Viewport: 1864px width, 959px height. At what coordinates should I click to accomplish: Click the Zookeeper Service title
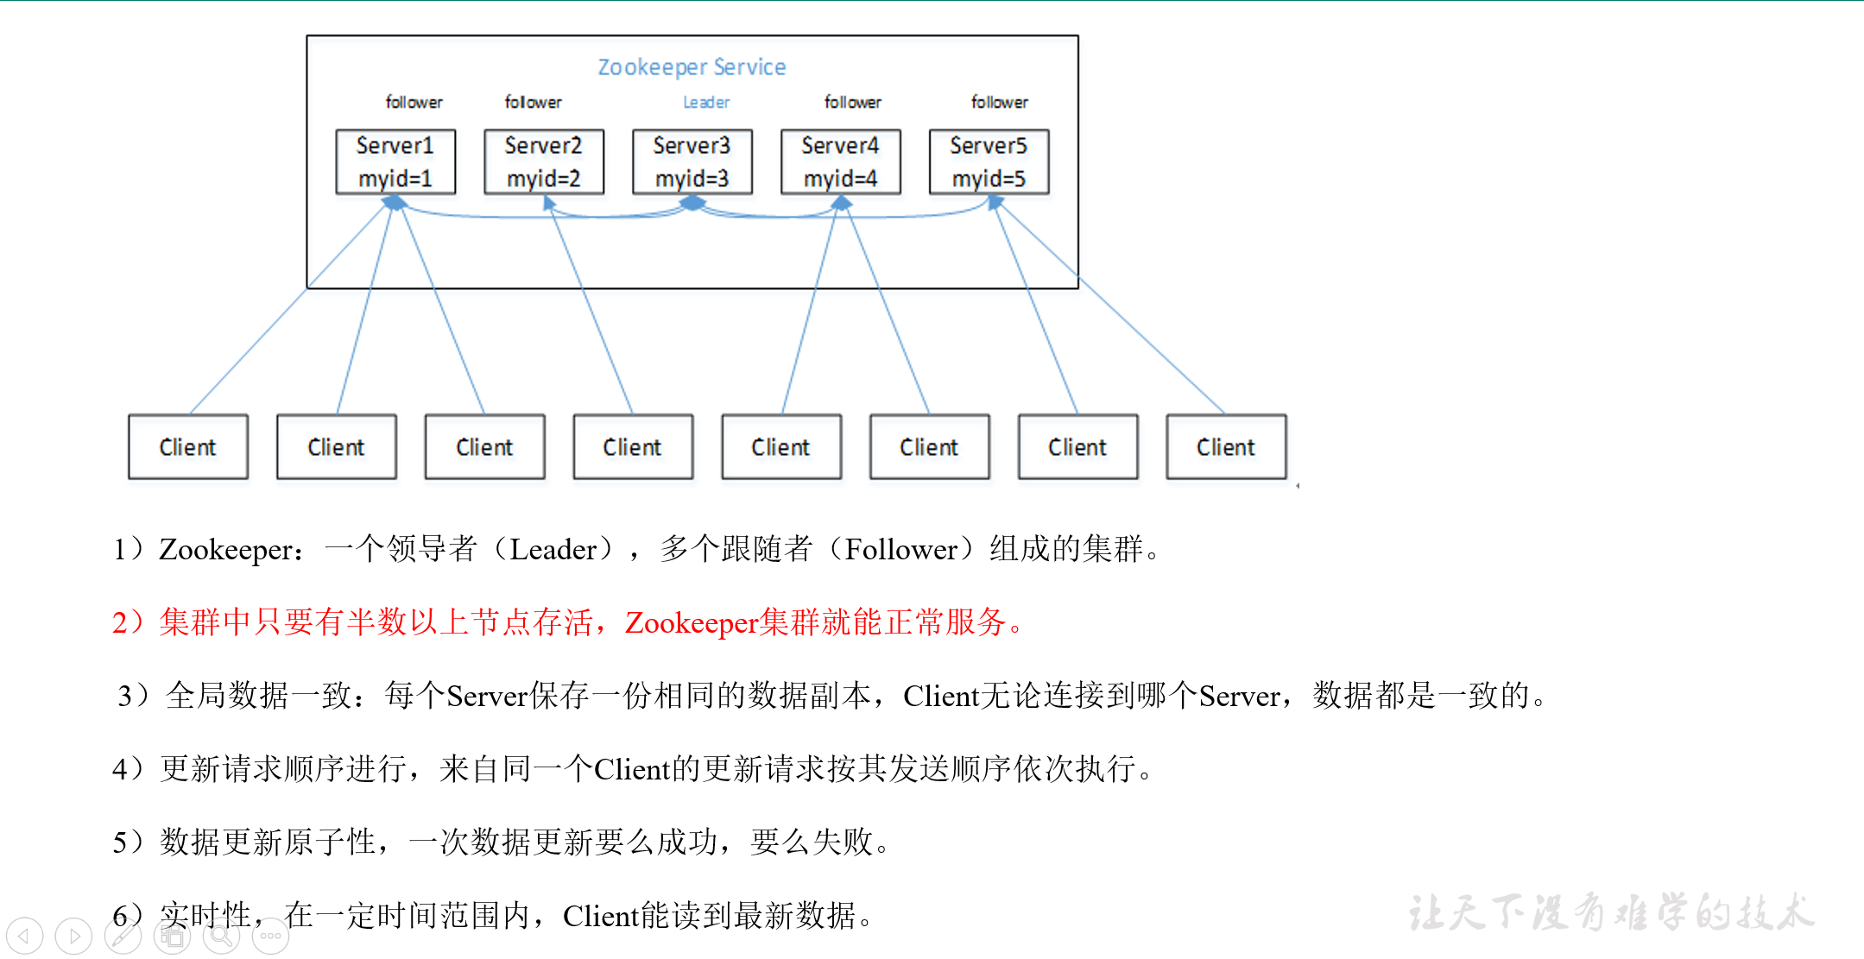pyautogui.click(x=692, y=67)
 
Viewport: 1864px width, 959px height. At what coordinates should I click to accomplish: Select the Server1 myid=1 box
pyautogui.click(x=395, y=162)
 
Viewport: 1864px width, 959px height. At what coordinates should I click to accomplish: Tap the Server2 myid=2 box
pyautogui.click(x=544, y=162)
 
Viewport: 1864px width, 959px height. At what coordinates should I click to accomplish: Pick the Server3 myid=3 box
pyautogui.click(x=692, y=162)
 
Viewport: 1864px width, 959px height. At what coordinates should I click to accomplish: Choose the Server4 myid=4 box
pyautogui.click(x=841, y=162)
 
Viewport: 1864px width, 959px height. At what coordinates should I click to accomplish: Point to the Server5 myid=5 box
pyautogui.click(x=989, y=162)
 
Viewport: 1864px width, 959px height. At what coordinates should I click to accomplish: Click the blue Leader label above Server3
pyautogui.click(x=706, y=103)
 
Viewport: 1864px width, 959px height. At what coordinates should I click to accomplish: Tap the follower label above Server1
pyautogui.click(x=414, y=103)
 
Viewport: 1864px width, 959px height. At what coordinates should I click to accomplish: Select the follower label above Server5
pyautogui.click(x=1000, y=103)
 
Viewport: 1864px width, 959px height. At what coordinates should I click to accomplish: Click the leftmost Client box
pyautogui.click(x=188, y=447)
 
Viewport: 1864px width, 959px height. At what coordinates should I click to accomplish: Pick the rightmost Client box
pyautogui.click(x=1226, y=447)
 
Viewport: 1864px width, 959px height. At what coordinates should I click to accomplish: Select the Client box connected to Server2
pyautogui.click(x=633, y=447)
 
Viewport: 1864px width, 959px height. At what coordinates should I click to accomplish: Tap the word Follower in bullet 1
pyautogui.click(x=901, y=550)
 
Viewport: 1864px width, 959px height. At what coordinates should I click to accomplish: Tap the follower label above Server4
pyautogui.click(x=853, y=103)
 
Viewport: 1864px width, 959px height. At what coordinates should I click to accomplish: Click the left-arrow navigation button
pyautogui.click(x=24, y=936)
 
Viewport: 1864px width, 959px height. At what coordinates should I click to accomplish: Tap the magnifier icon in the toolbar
pyautogui.click(x=221, y=936)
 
